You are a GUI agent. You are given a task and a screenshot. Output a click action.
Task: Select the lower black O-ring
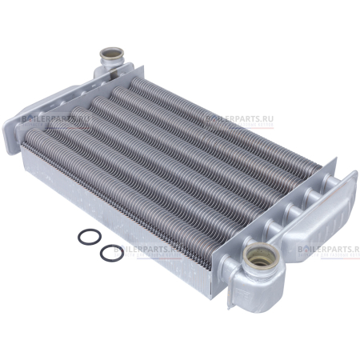[101, 253]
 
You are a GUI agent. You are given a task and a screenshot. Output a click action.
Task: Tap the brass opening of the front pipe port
[261, 255]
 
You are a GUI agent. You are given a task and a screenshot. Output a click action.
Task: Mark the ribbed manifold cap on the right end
[320, 214]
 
